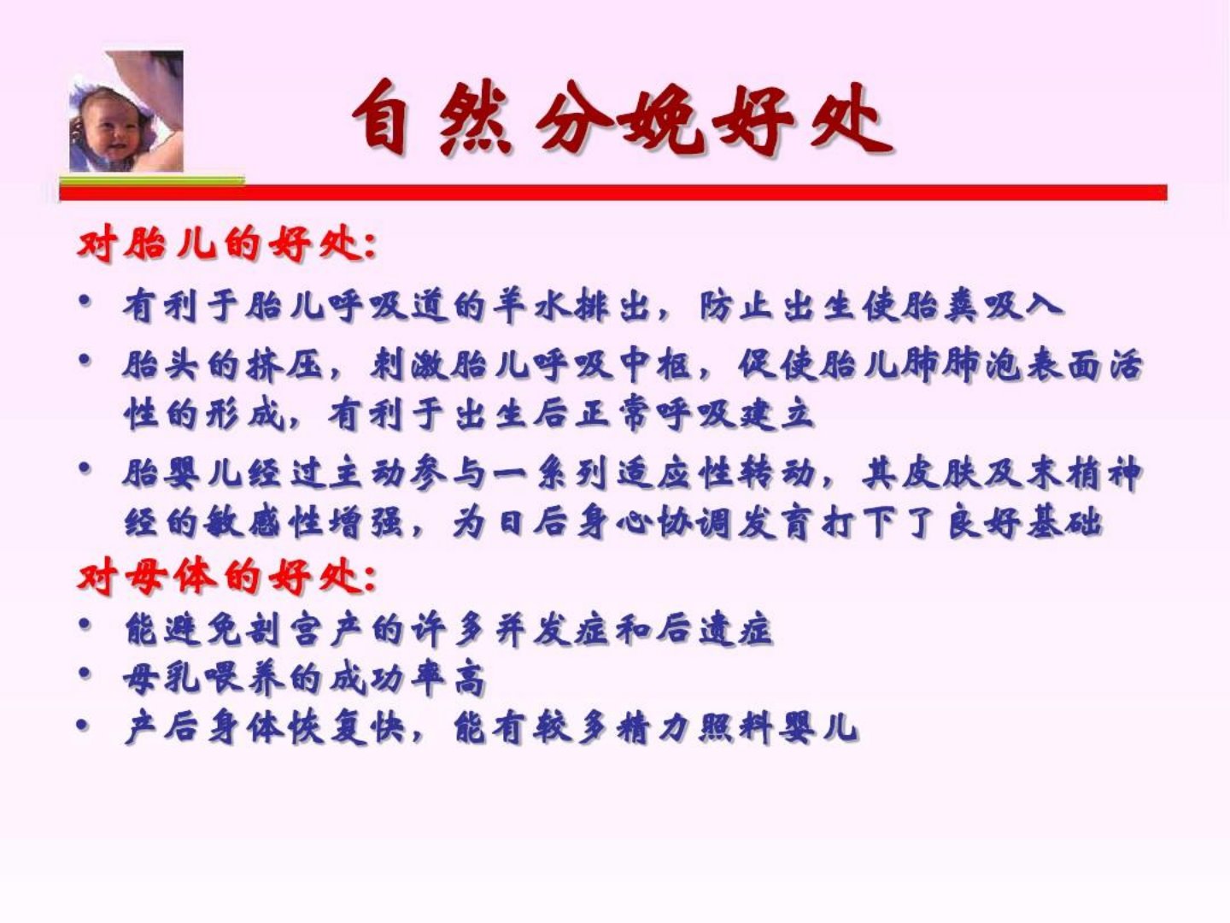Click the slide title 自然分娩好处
(x=622, y=118)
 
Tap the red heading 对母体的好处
(x=226, y=577)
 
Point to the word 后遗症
(x=714, y=630)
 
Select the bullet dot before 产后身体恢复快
(x=83, y=726)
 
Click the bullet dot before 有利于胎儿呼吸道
(x=85, y=301)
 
